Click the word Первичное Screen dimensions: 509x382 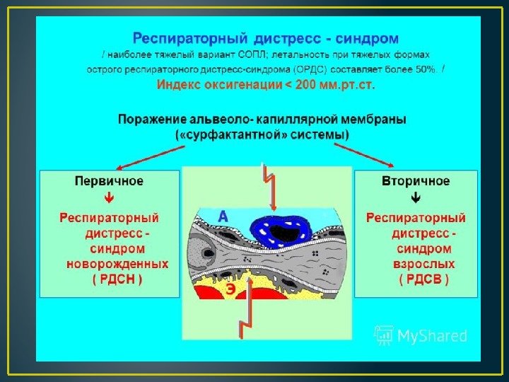[109, 181]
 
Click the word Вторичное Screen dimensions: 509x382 [416, 181]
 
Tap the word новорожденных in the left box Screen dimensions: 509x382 [117, 263]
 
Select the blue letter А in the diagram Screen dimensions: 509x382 [223, 217]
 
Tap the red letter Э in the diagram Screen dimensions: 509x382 [230, 289]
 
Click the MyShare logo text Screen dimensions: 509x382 [431, 336]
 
